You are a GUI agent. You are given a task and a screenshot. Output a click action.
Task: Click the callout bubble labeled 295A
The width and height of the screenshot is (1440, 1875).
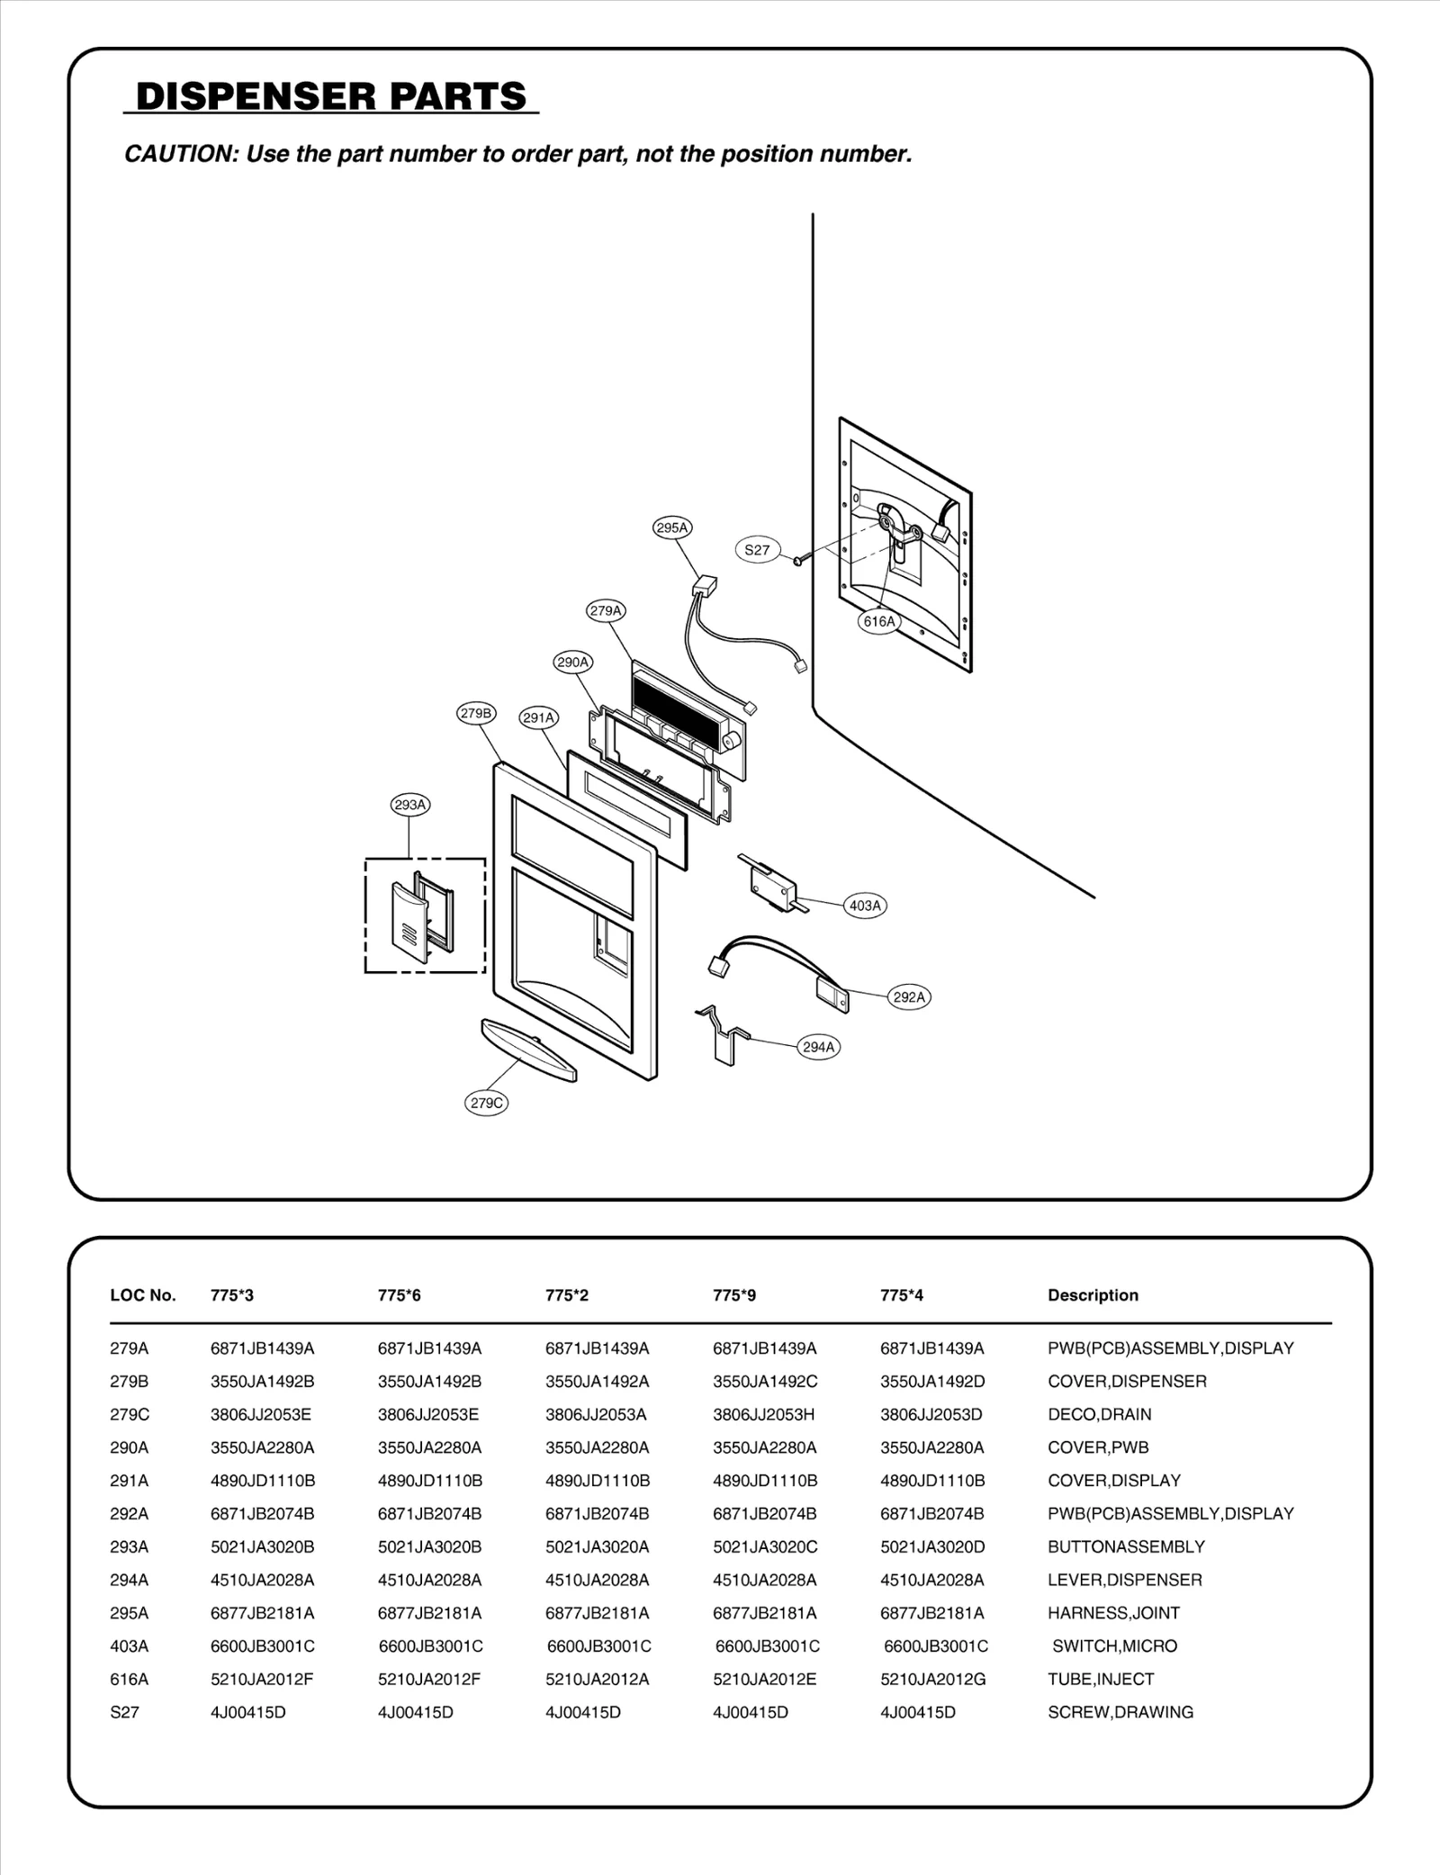(x=671, y=528)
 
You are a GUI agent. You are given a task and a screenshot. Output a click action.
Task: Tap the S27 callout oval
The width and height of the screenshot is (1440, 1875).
(x=757, y=550)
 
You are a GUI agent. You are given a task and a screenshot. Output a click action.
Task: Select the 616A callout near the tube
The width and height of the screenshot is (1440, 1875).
(x=879, y=621)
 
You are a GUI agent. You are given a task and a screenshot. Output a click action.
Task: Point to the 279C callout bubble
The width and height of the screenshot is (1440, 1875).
(x=487, y=1103)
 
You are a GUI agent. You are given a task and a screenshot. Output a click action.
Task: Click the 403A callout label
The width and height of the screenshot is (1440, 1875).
(x=865, y=906)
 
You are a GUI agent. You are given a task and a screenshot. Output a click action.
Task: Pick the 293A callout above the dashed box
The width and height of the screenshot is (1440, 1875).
(x=410, y=805)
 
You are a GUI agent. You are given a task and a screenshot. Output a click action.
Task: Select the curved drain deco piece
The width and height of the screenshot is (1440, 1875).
(x=529, y=1050)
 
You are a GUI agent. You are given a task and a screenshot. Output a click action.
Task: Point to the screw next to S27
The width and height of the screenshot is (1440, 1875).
(x=799, y=562)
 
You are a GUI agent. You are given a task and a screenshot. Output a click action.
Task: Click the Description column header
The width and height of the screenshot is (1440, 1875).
(x=1093, y=1295)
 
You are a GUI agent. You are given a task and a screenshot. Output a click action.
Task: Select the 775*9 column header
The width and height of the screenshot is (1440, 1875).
(x=734, y=1295)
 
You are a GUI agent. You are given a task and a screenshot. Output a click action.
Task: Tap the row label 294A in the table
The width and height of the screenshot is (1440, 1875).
(x=129, y=1580)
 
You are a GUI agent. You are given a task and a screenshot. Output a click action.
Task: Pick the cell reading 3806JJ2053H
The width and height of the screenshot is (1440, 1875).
(x=763, y=1414)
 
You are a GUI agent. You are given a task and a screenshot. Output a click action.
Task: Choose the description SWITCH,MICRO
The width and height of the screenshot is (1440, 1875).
(x=1114, y=1645)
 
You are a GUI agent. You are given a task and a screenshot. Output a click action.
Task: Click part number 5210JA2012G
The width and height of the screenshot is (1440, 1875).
(x=932, y=1679)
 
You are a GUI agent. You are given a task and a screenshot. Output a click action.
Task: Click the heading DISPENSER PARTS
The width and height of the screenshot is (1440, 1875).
(x=331, y=96)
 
